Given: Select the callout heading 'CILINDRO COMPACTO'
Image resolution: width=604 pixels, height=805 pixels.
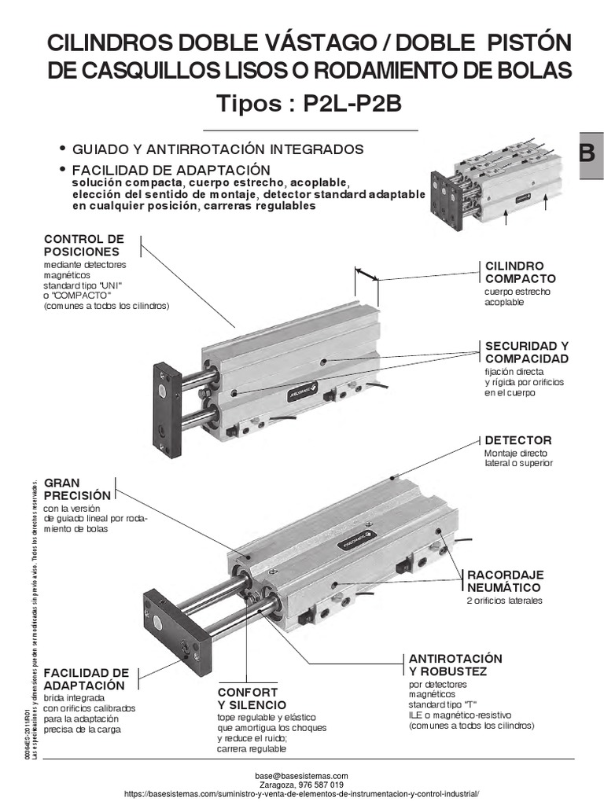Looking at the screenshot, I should [520, 272].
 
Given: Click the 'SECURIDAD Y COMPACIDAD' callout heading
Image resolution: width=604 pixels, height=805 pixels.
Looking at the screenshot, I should [526, 352].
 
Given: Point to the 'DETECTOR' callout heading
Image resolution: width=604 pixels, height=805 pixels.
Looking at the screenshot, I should [517, 440].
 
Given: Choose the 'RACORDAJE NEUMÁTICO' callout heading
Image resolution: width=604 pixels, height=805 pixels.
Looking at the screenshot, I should [505, 581].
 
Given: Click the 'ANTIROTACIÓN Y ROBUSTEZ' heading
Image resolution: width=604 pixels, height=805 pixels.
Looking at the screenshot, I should [455, 664].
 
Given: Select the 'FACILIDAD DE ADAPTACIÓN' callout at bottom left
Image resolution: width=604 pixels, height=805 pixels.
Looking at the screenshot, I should [86, 678].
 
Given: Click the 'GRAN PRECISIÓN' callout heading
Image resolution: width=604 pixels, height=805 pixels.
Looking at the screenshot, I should [77, 489].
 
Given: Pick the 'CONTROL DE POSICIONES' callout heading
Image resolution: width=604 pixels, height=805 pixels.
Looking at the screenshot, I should [84, 244].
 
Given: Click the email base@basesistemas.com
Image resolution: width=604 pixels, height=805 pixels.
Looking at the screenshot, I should [301, 775].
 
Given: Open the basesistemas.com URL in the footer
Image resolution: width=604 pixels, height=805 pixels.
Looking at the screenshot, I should [301, 795].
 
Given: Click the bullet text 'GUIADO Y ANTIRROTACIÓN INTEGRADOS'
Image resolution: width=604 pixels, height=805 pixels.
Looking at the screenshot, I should [218, 149].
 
